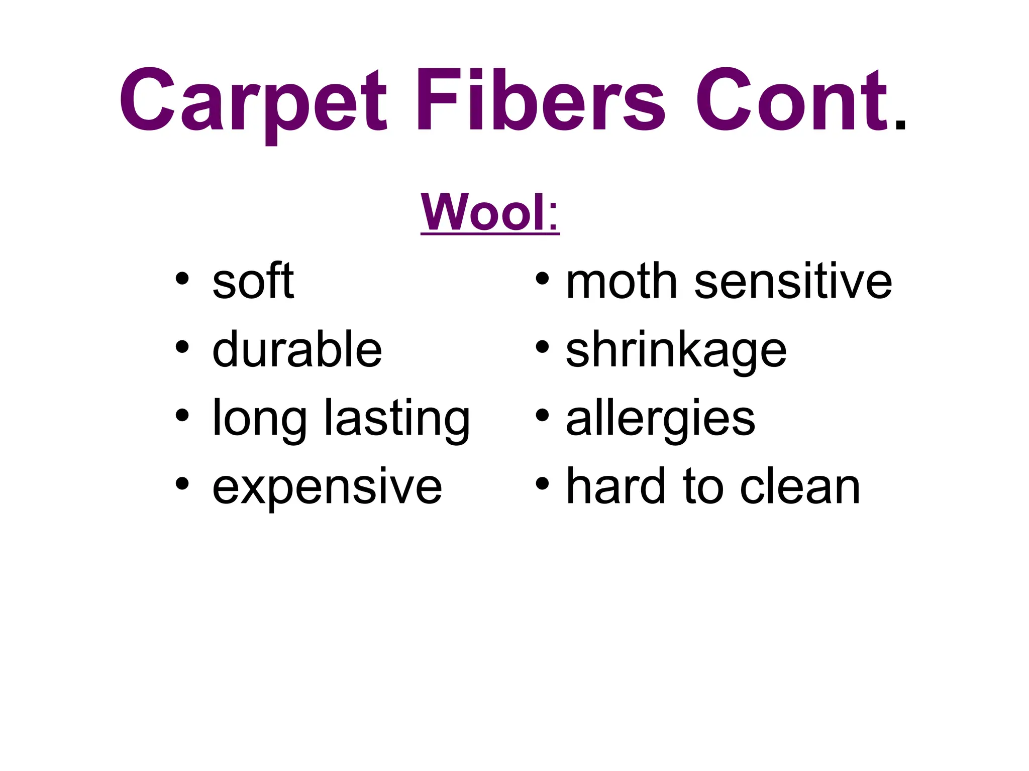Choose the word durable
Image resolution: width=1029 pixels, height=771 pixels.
[x=297, y=349]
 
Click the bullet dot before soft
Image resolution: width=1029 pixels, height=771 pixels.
[x=182, y=278]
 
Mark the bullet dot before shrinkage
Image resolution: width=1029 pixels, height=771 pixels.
[x=542, y=346]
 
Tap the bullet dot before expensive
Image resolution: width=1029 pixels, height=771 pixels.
[x=182, y=483]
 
